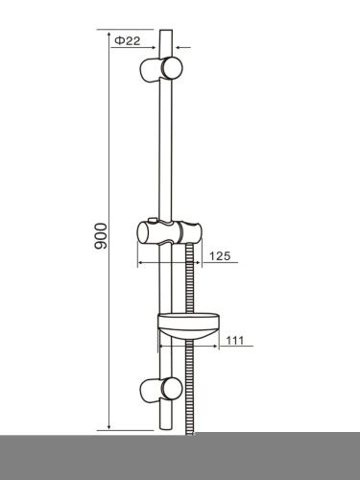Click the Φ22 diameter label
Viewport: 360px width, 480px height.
(x=128, y=41)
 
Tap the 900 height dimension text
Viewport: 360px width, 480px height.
(x=101, y=236)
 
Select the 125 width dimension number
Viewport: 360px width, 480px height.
(x=220, y=256)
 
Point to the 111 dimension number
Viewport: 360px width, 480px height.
(x=235, y=340)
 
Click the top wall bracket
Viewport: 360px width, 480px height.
(x=161, y=68)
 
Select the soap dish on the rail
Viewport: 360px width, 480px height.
(x=189, y=325)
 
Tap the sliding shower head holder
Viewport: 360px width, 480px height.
(x=170, y=232)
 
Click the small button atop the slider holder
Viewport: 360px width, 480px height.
(x=152, y=220)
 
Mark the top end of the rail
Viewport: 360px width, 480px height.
(x=166, y=30)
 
